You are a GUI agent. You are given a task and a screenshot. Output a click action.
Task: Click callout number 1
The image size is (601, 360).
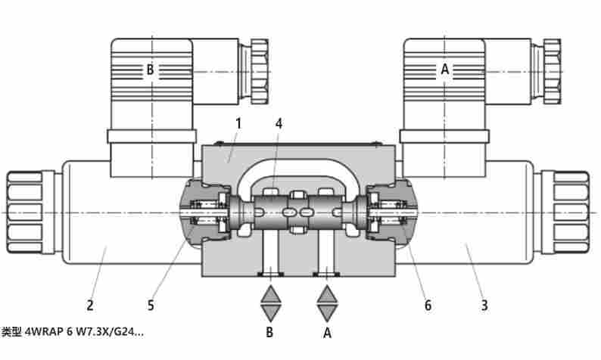238,124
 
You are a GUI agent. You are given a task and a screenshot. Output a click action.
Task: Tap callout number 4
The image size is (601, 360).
279,124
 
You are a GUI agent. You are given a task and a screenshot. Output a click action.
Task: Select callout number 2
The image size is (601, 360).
90,306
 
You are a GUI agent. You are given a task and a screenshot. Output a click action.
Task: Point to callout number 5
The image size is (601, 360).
151,306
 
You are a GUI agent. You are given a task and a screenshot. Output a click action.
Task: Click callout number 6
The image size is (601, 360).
428,306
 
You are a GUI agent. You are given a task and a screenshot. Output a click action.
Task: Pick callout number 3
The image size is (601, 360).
484,306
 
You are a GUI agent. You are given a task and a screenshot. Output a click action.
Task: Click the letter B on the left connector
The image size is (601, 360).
150,70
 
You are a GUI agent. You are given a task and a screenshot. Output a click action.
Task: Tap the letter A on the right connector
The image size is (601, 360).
444,70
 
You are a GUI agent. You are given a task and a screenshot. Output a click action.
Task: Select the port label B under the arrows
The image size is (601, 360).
269,332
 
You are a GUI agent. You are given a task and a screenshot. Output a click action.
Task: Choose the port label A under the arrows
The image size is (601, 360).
327,333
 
